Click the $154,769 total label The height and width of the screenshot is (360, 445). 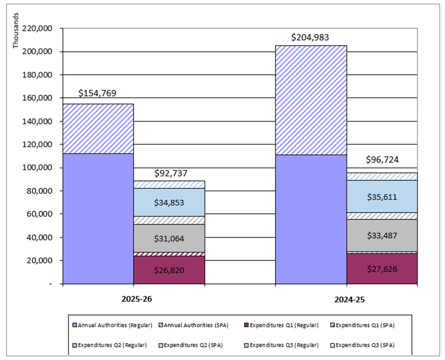97,93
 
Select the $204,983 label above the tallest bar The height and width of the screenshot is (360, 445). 311,38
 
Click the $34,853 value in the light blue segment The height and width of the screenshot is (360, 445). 169,202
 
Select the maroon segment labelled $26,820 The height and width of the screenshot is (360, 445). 169,270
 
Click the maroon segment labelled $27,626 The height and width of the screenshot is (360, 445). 382,269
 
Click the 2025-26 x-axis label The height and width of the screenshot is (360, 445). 136,299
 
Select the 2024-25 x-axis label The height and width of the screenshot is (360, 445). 349,300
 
